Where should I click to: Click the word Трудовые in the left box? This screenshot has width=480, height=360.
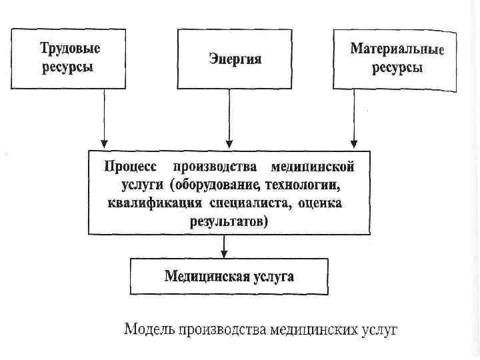[70, 49]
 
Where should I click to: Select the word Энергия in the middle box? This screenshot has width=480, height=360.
[235, 60]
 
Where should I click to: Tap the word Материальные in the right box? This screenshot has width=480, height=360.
[397, 49]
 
